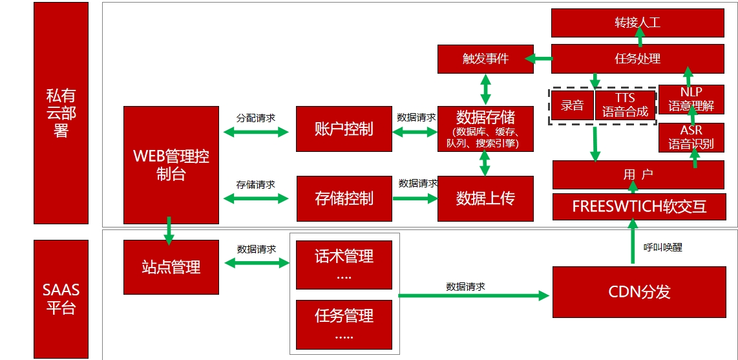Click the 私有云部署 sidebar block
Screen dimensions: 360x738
click(61, 113)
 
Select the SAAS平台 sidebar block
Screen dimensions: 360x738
click(61, 299)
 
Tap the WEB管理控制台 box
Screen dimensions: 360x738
click(171, 165)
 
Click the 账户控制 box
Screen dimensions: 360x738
click(344, 129)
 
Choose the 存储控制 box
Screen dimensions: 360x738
click(344, 198)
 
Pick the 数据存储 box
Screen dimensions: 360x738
click(485, 129)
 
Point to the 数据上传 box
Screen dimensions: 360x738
click(485, 198)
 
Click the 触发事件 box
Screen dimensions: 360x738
click(485, 59)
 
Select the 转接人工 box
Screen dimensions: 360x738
click(637, 23)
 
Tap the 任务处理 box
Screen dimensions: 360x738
click(637, 59)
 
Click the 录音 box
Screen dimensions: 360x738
click(572, 105)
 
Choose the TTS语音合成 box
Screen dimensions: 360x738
click(625, 105)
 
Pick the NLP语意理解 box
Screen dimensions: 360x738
click(691, 99)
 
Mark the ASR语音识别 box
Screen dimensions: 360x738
click(691, 137)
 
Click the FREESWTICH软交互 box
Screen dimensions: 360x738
click(638, 206)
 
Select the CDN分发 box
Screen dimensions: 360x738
click(638, 291)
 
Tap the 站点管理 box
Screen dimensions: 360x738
click(171, 266)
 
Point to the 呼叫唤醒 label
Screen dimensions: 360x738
click(662, 247)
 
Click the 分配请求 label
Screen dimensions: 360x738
click(255, 118)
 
